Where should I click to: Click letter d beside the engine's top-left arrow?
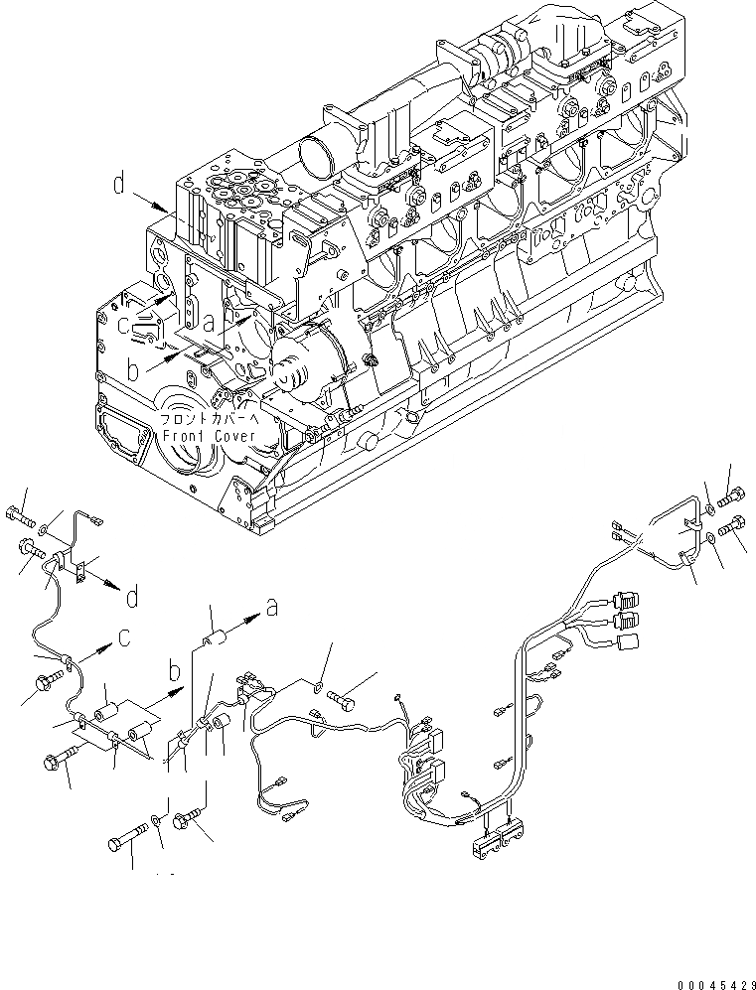tap(119, 185)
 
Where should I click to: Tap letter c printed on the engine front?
tap(123, 323)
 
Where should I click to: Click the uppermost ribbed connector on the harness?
tap(626, 599)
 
